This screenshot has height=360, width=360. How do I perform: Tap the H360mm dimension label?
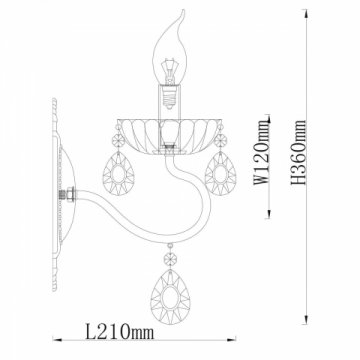pyautogui.click(x=298, y=152)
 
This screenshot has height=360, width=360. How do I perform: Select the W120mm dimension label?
pyautogui.click(x=261, y=152)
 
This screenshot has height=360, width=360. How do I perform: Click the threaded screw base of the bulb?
pyautogui.click(x=169, y=96)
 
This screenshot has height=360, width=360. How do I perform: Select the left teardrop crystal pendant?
pyautogui.click(x=118, y=173)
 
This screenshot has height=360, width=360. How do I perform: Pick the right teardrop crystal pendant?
pyautogui.click(x=220, y=173)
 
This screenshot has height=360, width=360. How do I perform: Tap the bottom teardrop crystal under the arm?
pyautogui.click(x=170, y=297)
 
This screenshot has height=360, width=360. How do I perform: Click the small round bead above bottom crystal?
pyautogui.click(x=170, y=258)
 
